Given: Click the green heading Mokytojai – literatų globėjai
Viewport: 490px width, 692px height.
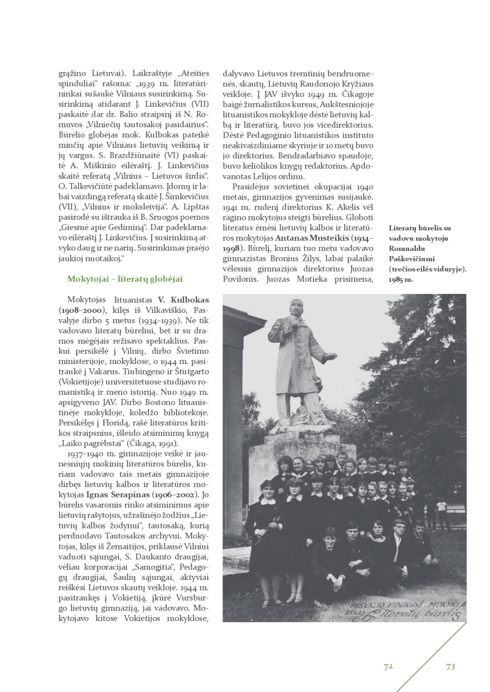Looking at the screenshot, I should coord(125,279).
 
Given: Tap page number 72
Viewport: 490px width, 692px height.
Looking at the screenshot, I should coord(388,666).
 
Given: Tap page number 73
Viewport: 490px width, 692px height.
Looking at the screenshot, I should coord(450,666).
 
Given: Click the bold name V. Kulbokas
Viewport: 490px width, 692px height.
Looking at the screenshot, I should coord(183,300).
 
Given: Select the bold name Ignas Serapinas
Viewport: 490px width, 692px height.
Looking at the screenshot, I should coord(117,495).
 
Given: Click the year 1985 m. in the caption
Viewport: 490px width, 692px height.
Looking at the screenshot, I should coord(401,279).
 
